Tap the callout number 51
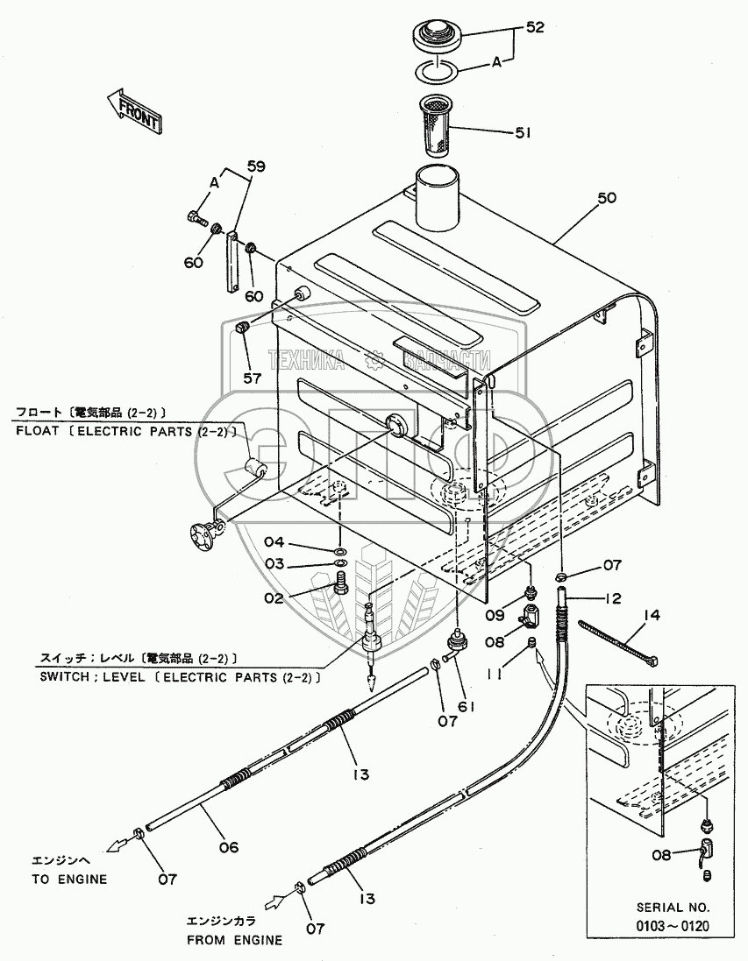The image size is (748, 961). pos(524,133)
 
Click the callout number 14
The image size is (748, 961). pos(650,615)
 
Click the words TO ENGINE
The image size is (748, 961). pos(69,879)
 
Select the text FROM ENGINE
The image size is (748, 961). pos(234,940)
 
